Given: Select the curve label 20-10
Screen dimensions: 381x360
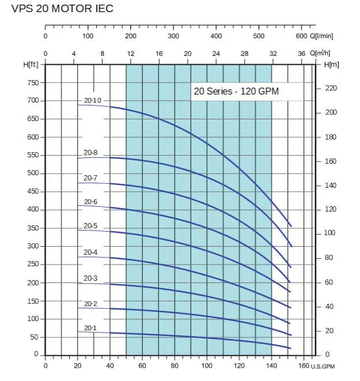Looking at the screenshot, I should (92, 100).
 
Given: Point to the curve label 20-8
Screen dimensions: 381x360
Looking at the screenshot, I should (90, 153).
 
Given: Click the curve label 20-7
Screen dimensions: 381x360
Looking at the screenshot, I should (90, 178).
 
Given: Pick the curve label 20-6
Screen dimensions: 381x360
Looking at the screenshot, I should (90, 202).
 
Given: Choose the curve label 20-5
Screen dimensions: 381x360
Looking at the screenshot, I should (90, 226).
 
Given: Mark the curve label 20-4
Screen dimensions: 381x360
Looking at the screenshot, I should (90, 252).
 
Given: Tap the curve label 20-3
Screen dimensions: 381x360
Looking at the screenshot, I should (90, 278).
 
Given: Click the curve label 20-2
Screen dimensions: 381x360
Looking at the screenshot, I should (90, 304).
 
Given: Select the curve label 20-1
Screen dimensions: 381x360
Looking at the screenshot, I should (90, 329).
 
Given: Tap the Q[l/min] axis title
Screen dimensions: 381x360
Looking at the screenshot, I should (324, 36).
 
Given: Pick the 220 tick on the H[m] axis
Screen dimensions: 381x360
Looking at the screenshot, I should (331, 88).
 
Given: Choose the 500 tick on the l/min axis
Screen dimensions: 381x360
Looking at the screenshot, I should (259, 36).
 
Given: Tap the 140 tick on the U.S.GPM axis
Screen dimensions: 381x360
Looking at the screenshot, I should (271, 365).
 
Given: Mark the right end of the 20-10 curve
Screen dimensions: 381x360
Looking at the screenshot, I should (291, 226).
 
